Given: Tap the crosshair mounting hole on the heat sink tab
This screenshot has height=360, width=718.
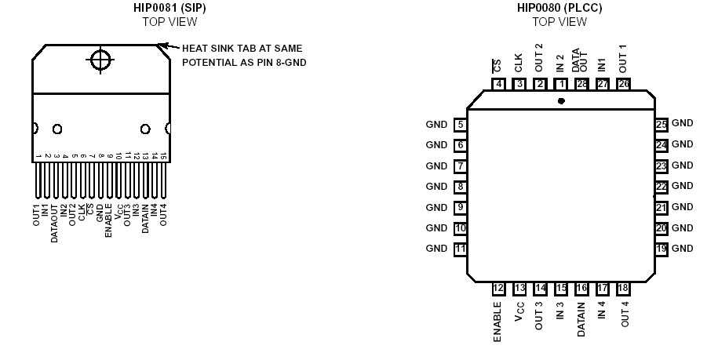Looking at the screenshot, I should (x=100, y=60).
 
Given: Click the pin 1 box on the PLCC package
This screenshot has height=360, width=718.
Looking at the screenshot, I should (x=560, y=84).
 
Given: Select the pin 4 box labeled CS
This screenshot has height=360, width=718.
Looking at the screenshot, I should (x=499, y=84).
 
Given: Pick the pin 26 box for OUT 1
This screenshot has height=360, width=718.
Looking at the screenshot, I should (x=623, y=84).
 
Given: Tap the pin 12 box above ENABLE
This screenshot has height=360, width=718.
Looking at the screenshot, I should (x=498, y=289).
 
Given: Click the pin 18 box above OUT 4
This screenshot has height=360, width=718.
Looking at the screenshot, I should (x=623, y=289).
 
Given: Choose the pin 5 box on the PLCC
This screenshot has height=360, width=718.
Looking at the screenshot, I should (x=461, y=124).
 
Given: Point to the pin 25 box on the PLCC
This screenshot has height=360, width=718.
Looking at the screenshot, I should (x=662, y=124).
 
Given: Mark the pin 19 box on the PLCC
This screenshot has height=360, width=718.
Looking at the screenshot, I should (x=662, y=249).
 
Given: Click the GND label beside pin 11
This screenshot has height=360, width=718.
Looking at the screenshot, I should (x=436, y=249).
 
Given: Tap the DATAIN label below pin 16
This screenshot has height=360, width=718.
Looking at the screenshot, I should (x=581, y=319).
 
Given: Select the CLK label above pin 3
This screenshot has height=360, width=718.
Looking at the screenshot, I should (x=519, y=63).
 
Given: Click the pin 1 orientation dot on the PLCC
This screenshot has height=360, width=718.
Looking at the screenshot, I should (x=560, y=101).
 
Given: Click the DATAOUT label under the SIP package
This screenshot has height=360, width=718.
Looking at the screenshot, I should (x=55, y=223).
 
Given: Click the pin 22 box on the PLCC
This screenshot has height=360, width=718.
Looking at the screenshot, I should (x=662, y=187).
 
